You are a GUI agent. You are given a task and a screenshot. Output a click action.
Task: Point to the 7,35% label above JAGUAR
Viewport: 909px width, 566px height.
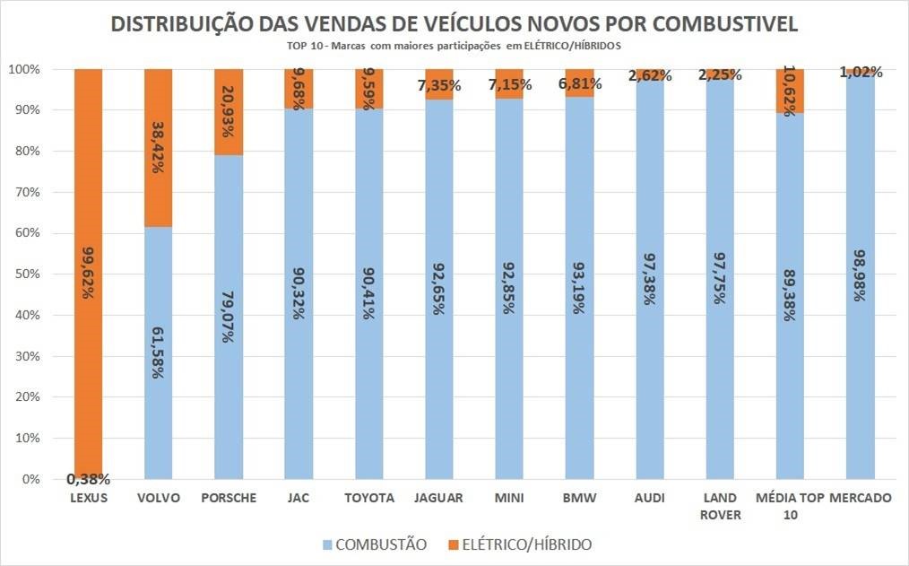438,85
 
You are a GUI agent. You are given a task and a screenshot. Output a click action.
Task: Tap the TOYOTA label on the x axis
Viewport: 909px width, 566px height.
369,498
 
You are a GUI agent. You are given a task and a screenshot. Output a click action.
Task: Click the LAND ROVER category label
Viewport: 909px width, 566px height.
719,506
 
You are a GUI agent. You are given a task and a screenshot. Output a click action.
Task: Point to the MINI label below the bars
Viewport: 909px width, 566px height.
509,498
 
